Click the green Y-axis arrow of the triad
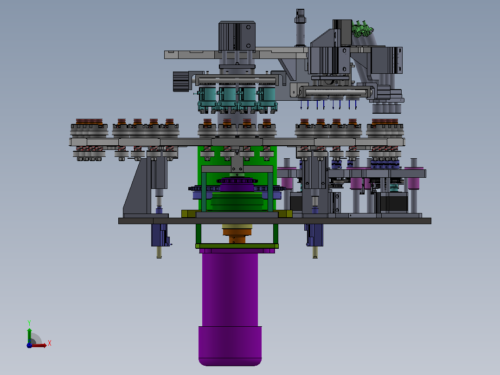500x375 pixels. [29, 335]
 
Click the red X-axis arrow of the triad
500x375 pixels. [38, 345]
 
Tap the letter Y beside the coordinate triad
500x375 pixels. [29, 323]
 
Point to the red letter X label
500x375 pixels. [50, 343]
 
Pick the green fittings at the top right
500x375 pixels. [361, 29]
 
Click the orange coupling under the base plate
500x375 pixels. [237, 234]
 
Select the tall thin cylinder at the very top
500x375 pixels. [300, 28]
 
